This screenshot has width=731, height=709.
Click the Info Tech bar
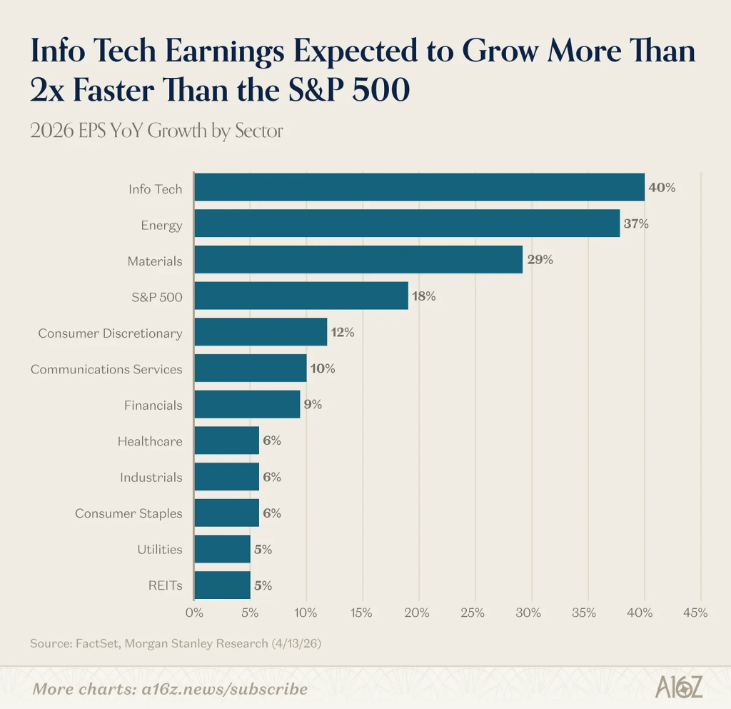[x=419, y=187]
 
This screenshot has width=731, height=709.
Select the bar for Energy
[x=407, y=223]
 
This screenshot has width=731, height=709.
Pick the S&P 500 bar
[x=301, y=296]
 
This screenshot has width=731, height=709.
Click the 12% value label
[x=342, y=332]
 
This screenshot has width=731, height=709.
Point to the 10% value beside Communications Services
[x=322, y=368]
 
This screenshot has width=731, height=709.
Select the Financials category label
[x=153, y=405]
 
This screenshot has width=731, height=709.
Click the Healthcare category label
[x=150, y=441]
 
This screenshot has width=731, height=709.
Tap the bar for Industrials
[x=226, y=477]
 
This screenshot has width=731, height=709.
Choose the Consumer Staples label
[x=128, y=513]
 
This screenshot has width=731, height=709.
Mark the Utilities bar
[x=222, y=549]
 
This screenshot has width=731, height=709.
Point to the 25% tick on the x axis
[x=473, y=612]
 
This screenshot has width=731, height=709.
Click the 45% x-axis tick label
[x=695, y=612]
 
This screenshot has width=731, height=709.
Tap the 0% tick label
[x=194, y=612]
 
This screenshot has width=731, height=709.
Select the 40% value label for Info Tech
[x=661, y=188]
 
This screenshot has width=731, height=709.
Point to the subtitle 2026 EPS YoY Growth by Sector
[x=156, y=131]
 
